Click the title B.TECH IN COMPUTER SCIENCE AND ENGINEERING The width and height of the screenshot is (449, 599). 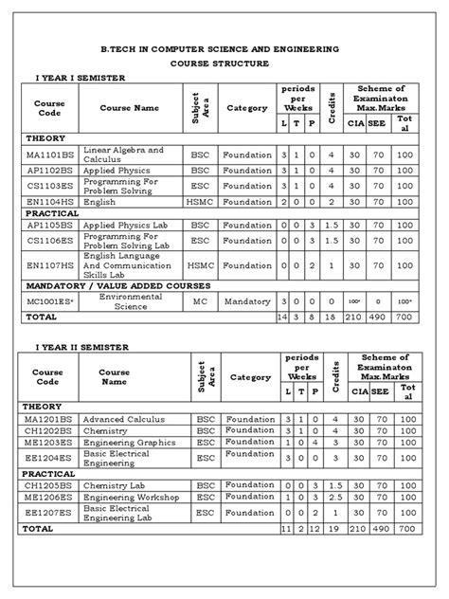click(224, 46)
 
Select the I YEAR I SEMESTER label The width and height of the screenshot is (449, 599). click(81, 77)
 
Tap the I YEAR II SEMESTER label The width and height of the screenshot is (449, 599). click(81, 348)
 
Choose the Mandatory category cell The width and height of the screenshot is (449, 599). click(247, 300)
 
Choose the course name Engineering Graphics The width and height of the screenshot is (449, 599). click(131, 442)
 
